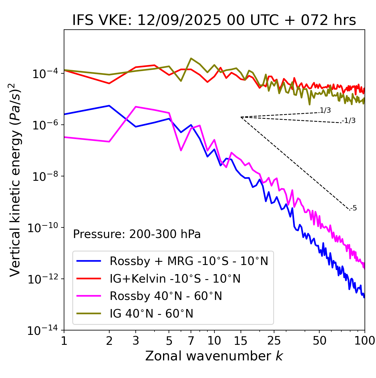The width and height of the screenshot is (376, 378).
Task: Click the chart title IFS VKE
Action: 214,20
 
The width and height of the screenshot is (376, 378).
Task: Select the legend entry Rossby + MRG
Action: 189,261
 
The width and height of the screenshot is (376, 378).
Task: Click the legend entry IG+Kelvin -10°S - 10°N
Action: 175,279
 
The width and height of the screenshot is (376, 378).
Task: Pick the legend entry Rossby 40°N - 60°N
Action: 166,296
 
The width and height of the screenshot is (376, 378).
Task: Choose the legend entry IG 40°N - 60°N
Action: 151,314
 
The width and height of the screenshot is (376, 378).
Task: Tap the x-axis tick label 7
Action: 191,340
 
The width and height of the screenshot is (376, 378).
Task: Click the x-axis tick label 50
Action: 319,340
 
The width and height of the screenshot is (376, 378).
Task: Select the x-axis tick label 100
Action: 365,340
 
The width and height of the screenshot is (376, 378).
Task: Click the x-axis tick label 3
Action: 136,340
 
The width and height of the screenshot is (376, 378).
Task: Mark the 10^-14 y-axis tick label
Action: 43,331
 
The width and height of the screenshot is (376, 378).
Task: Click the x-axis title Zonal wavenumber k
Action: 214,356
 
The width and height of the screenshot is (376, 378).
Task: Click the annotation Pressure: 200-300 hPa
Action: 137,234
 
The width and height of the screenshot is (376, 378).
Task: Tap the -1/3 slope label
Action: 349,121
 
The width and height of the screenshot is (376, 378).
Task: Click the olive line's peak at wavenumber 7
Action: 191,58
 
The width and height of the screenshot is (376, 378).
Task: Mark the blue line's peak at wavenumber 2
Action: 109,105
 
